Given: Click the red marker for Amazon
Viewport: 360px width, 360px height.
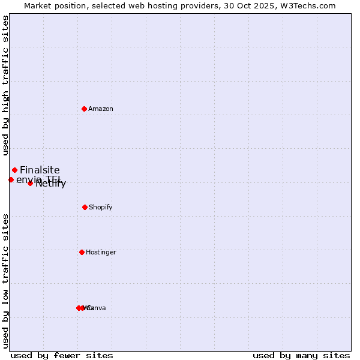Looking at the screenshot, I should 85,109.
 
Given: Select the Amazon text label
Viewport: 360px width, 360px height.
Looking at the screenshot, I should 101,109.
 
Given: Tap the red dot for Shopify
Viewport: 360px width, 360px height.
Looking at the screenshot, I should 85,207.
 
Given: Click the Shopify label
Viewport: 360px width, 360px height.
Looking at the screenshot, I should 101,207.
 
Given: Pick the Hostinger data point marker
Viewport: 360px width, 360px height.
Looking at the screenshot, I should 82,252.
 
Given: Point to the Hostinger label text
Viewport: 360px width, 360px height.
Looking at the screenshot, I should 101,252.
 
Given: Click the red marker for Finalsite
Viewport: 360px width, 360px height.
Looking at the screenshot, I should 14,170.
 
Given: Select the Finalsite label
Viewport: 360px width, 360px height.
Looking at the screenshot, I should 40,170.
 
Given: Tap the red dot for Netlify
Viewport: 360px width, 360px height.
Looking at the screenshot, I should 30,183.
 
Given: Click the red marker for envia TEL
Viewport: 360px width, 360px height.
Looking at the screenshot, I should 11,179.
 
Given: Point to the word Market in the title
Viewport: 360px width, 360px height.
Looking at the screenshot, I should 38,5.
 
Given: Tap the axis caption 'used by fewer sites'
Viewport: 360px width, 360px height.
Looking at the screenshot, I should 62,355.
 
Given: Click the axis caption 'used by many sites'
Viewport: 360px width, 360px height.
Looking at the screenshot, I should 301,355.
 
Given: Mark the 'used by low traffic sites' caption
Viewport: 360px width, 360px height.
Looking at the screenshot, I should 5,281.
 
